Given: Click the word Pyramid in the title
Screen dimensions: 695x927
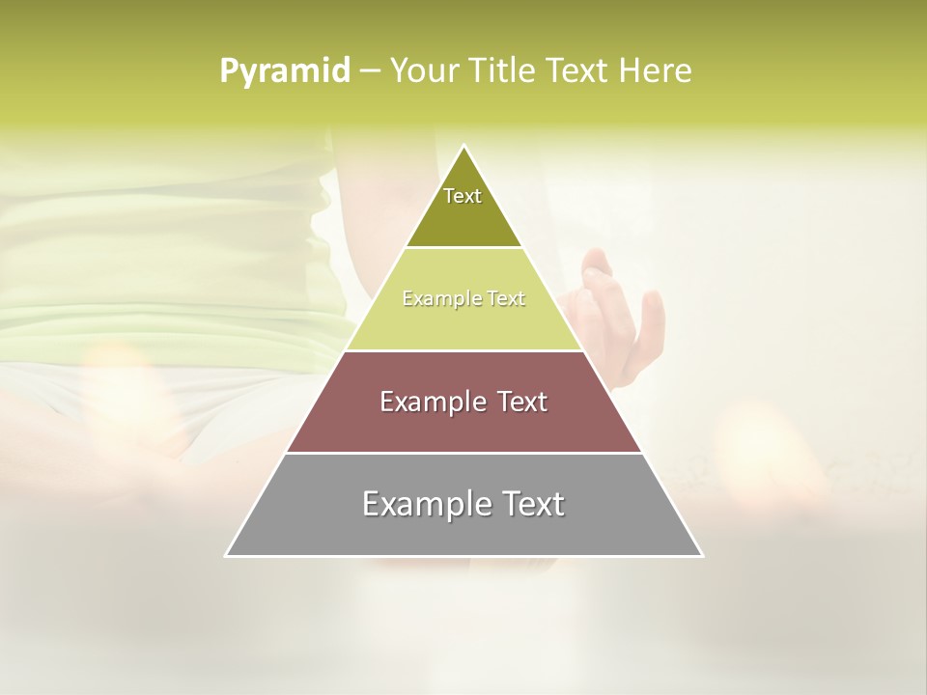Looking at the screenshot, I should click(284, 70).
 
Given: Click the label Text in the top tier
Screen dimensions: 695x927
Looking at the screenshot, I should click(463, 196).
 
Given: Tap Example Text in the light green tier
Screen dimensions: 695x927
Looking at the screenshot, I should click(463, 299).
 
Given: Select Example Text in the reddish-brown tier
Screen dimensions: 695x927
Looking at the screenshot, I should click(463, 402).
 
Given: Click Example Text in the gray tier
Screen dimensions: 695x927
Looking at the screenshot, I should click(463, 504).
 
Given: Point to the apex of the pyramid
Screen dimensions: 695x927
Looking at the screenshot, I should click(464, 147).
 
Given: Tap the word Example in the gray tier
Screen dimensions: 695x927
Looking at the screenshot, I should click(415, 504).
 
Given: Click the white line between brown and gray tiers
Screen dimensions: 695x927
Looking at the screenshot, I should click(463, 453).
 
